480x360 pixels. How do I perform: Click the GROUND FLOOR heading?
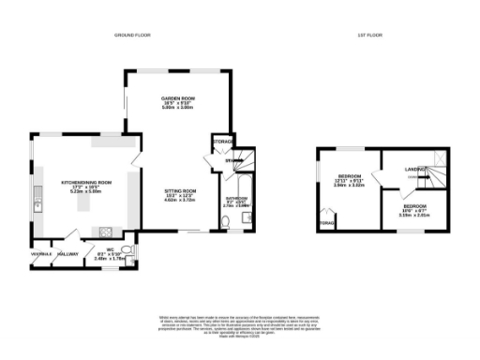[133, 35]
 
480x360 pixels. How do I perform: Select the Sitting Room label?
[179, 191]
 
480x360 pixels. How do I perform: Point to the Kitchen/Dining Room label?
[86, 182]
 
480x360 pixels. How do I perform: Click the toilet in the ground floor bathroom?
[226, 222]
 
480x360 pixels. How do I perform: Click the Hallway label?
[67, 253]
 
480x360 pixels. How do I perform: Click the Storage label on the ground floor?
[223, 142]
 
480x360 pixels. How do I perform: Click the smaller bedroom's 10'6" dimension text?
[415, 209]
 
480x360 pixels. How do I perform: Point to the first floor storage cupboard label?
[326, 223]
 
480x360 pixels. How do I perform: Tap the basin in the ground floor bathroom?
[246, 218]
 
